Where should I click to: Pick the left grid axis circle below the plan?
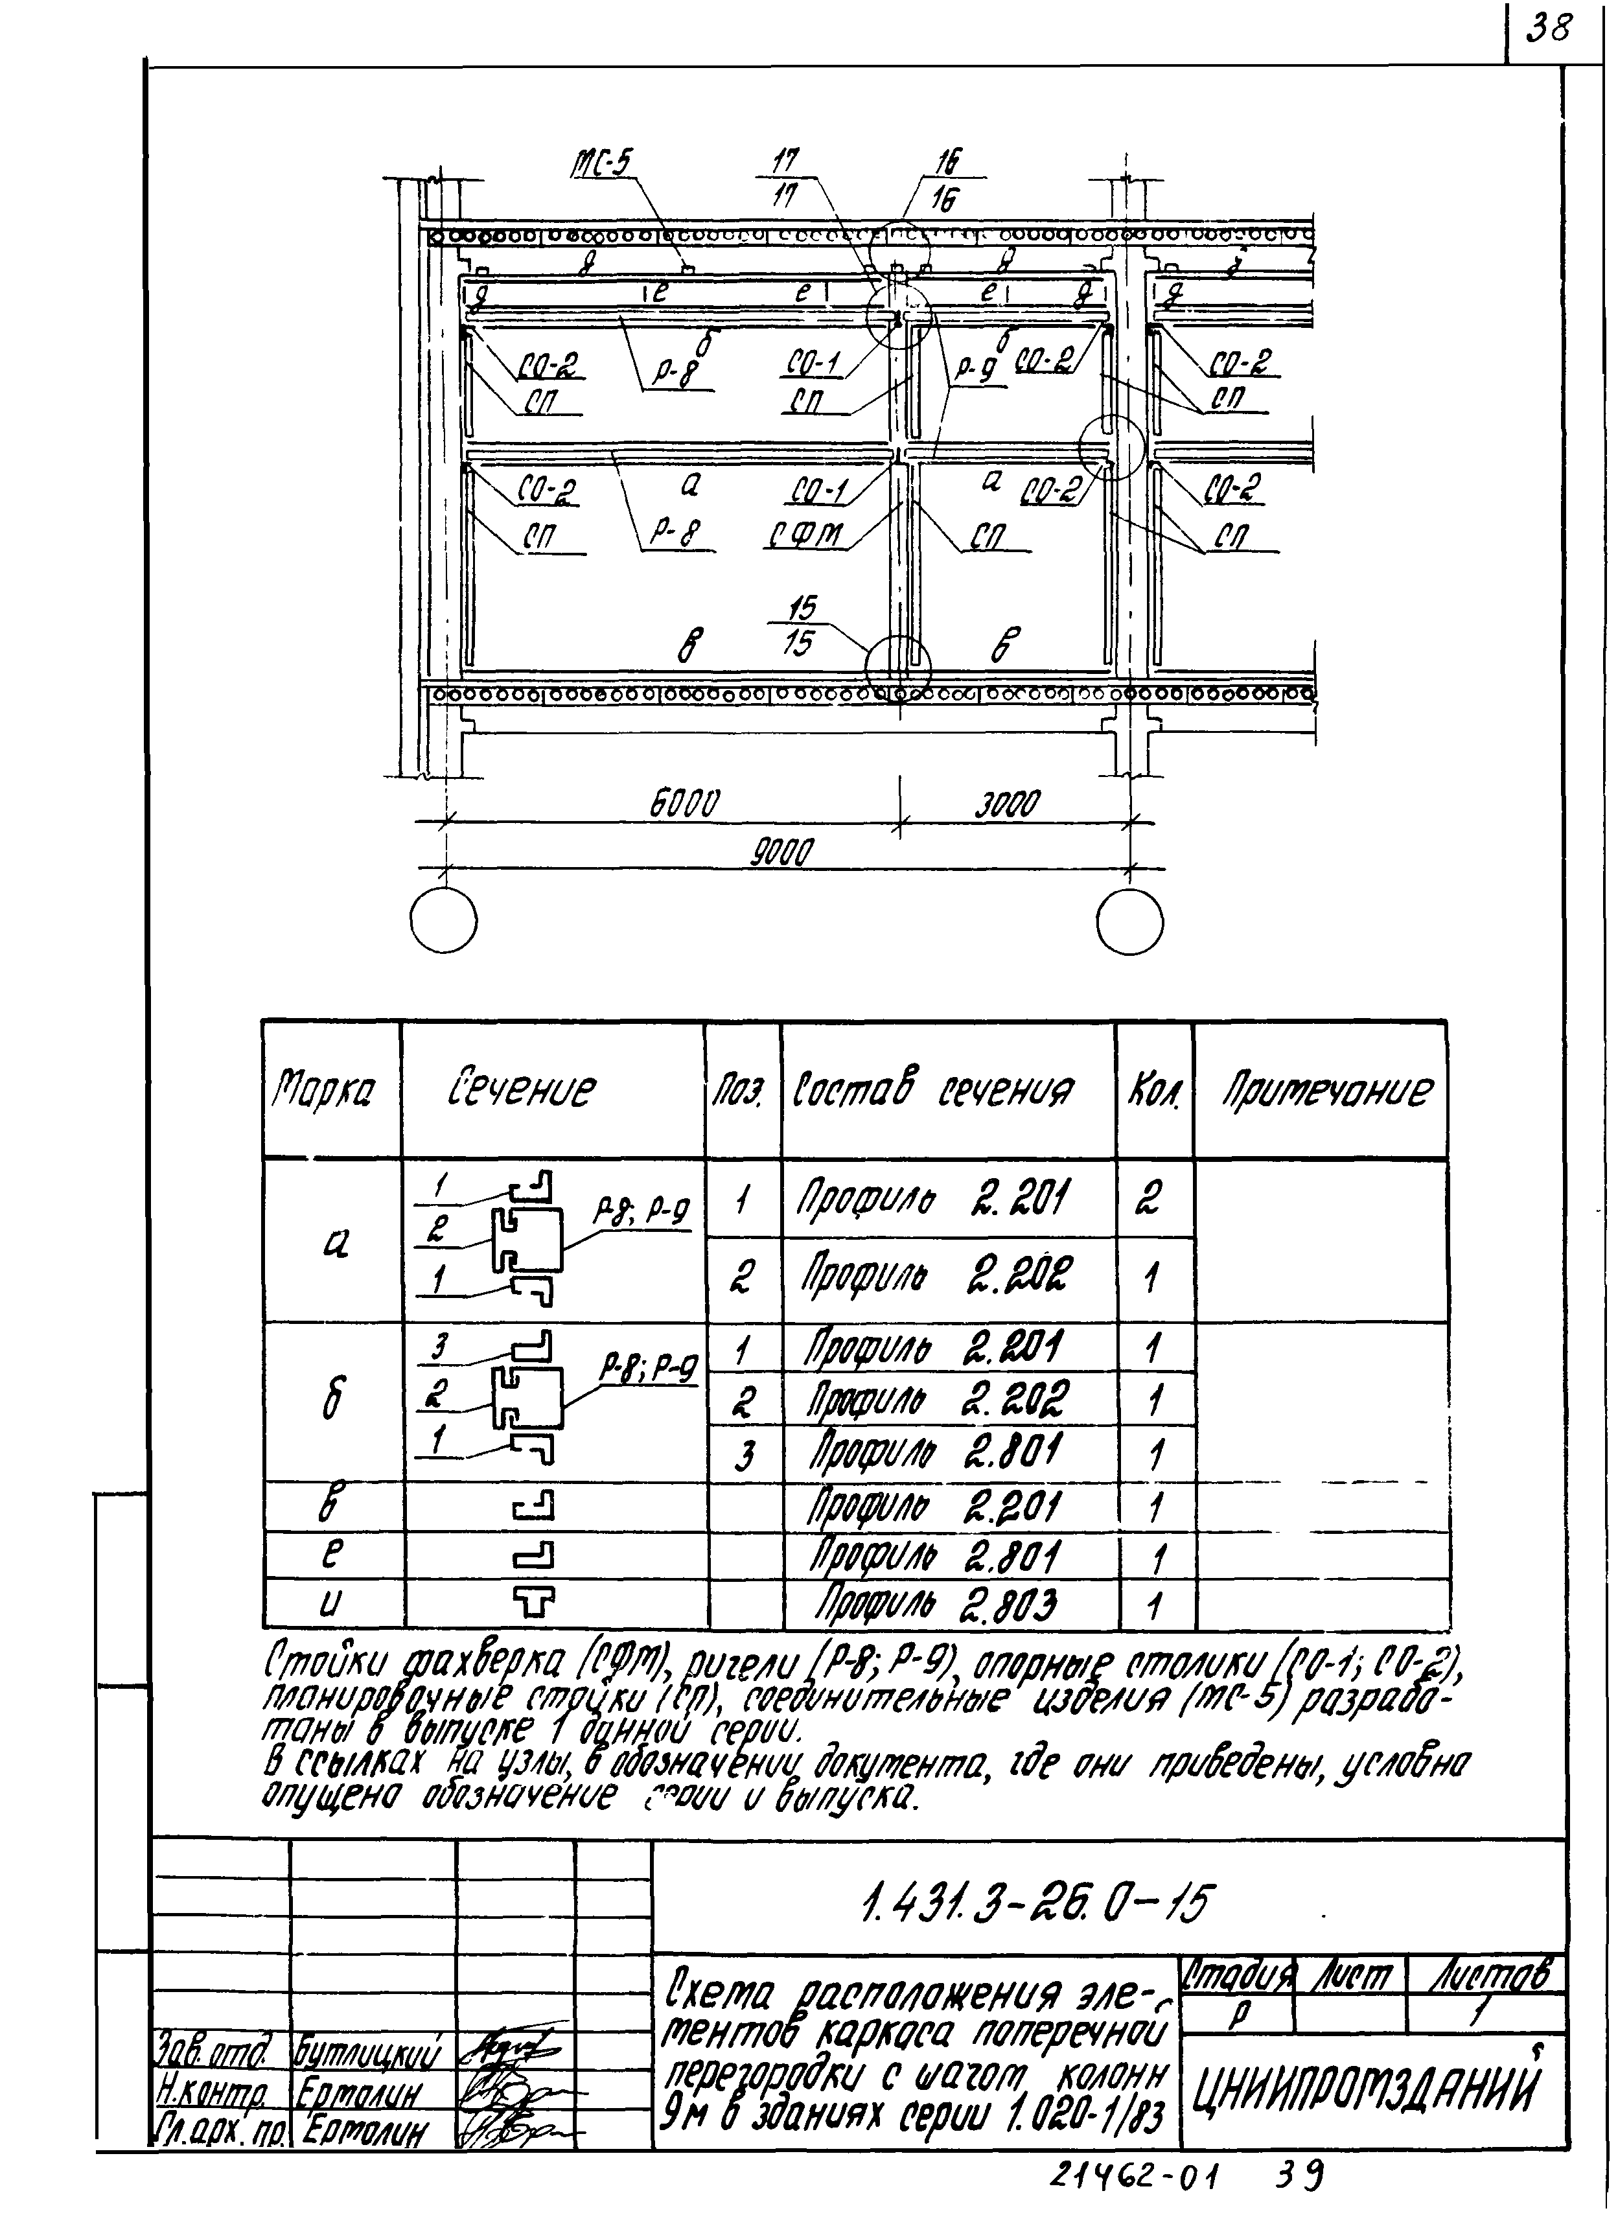click(444, 922)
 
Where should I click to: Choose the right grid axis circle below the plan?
click(1129, 922)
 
